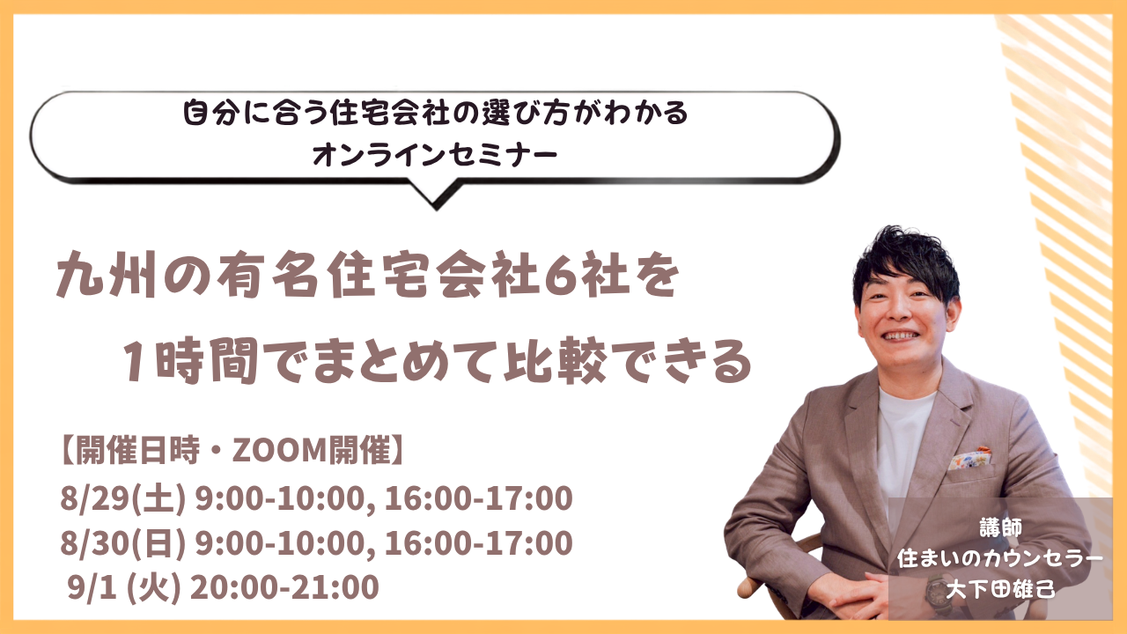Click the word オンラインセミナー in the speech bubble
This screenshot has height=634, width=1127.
click(435, 154)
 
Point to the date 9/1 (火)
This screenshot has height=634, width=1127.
click(124, 587)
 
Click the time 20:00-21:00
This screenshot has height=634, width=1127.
click(284, 587)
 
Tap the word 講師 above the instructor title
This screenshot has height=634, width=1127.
click(1001, 527)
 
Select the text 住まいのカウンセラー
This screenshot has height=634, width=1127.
click(1000, 558)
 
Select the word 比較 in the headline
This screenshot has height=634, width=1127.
click(555, 360)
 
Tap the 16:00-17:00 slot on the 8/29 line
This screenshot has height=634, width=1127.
click(478, 498)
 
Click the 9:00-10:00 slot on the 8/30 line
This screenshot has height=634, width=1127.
click(280, 543)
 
